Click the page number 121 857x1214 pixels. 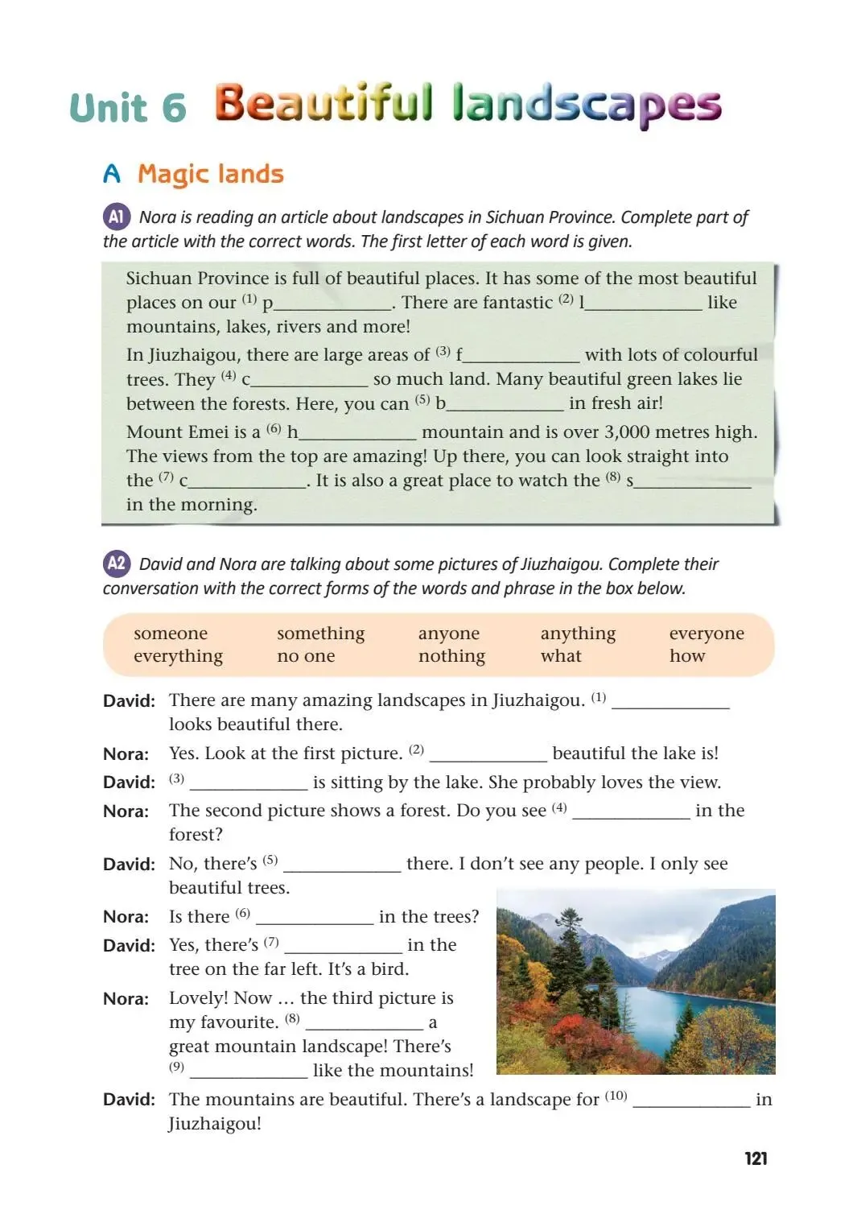tap(756, 1158)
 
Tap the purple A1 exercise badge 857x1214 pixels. tap(116, 217)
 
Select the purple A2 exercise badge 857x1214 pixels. tap(116, 564)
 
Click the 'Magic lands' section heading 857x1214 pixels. tap(211, 174)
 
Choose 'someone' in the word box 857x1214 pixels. tap(171, 634)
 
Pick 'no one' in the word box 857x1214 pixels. tap(306, 656)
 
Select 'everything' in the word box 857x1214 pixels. tap(178, 656)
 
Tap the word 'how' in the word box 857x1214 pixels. tap(687, 656)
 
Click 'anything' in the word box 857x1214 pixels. tap(578, 634)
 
